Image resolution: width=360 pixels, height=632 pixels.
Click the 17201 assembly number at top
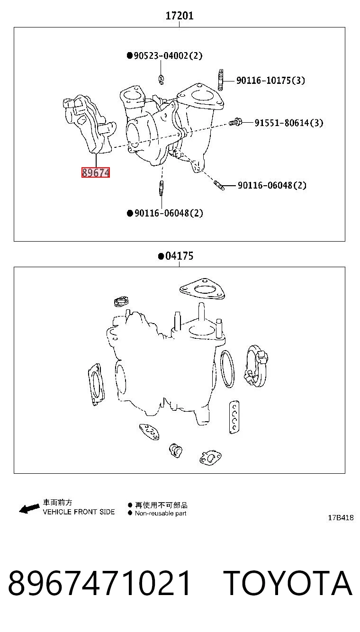tap(180, 16)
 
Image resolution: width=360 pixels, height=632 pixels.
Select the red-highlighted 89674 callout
tap(96, 172)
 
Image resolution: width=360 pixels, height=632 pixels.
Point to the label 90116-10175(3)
tap(270, 81)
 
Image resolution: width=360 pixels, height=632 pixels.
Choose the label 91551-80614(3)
tap(288, 123)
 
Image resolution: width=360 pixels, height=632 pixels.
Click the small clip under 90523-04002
tap(161, 80)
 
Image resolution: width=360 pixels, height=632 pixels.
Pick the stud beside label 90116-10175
tap(221, 80)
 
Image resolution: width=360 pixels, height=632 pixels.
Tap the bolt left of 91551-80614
tap(235, 122)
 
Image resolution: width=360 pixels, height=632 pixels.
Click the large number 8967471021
tap(99, 583)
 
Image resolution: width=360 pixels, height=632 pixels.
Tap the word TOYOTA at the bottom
tap(288, 583)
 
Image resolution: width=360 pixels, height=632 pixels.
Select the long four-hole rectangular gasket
tap(234, 417)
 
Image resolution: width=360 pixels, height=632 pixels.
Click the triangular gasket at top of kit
tap(202, 289)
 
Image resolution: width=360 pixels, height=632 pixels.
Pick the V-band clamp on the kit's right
tap(256, 365)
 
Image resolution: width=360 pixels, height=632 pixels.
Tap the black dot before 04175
tap(161, 256)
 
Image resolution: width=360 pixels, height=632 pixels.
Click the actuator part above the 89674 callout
tap(89, 125)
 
